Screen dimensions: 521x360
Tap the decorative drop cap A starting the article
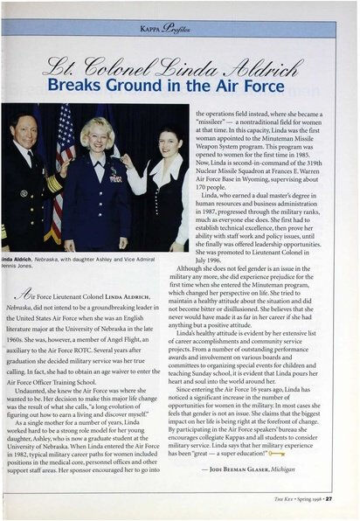[x=27, y=297]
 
